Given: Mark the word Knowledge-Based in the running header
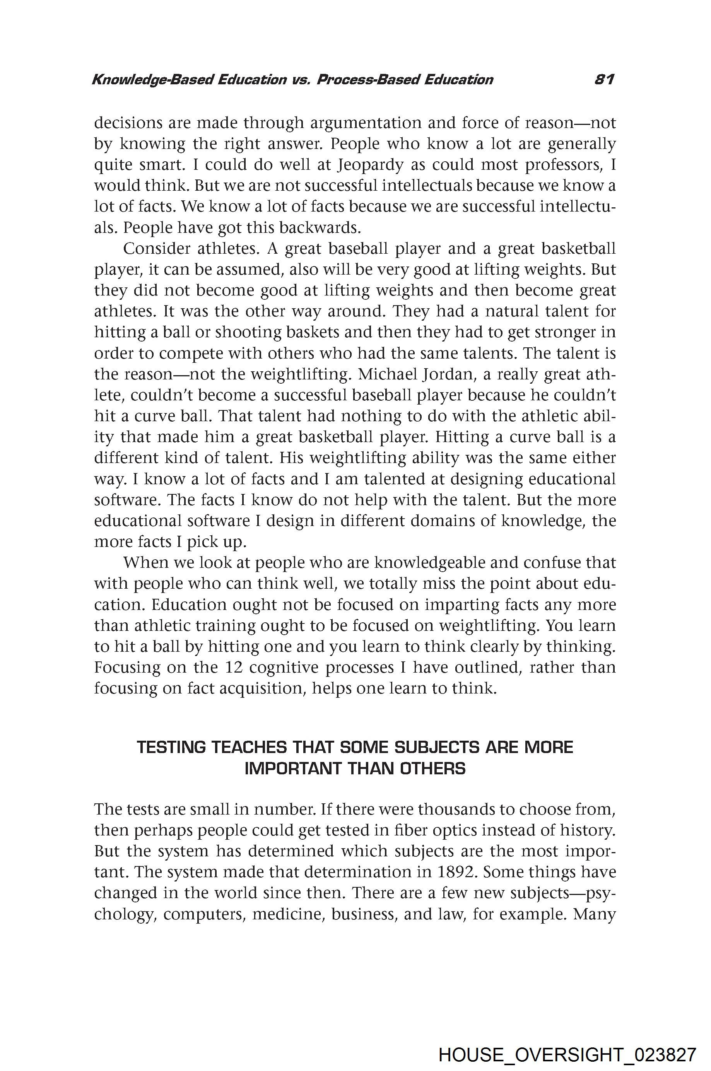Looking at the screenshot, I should [152, 80].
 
